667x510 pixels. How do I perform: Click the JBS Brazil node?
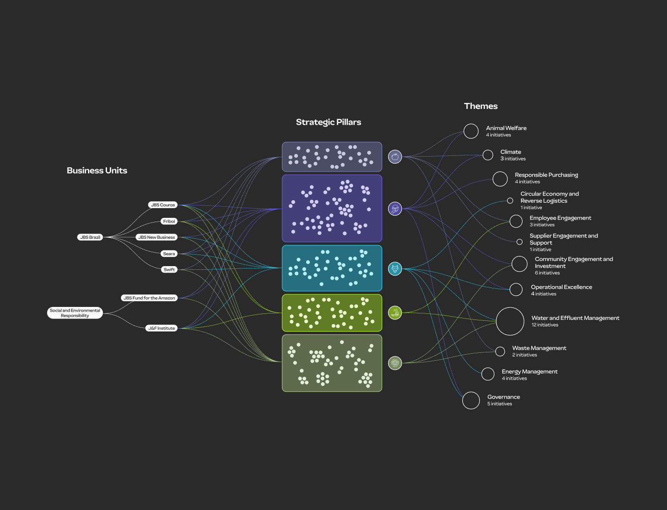coord(90,237)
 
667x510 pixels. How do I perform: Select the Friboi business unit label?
coord(169,222)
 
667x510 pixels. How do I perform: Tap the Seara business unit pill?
coord(169,254)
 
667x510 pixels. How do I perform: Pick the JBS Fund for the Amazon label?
coord(150,298)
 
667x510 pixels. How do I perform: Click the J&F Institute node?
coord(162,328)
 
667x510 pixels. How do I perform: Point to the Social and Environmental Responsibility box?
coord(75,313)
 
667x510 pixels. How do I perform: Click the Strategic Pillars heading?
coord(328,122)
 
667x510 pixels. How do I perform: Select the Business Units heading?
coord(97,171)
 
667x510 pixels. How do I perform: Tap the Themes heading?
coord(481,106)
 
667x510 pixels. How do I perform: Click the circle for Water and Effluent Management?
coord(510,321)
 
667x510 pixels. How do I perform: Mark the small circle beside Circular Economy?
coord(510,201)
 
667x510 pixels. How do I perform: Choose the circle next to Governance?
coord(471,401)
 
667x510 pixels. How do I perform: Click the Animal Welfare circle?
coord(471,131)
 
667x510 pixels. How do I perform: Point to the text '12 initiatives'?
coord(545,325)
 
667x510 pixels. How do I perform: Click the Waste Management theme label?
coord(539,348)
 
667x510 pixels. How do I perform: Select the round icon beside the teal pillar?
coord(395,268)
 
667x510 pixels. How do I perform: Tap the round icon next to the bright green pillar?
coord(395,312)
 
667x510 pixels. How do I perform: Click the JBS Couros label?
coord(163,205)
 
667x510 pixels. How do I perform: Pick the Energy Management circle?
coord(488,374)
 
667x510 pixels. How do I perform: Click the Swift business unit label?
coord(169,270)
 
